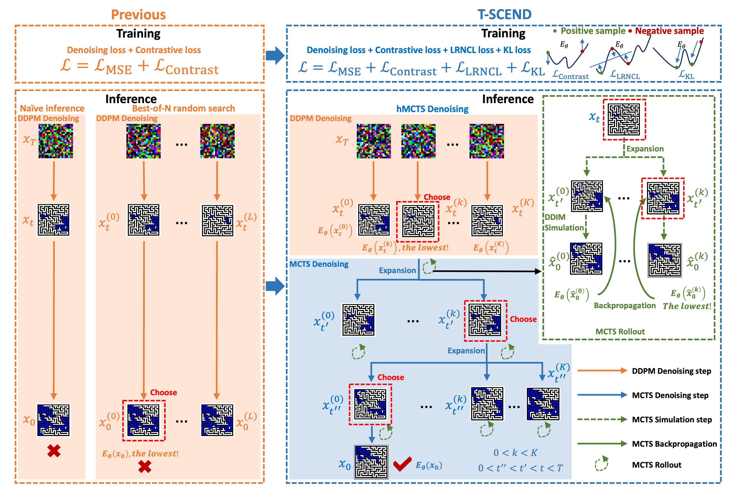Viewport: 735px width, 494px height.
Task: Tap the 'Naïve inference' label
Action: point(52,108)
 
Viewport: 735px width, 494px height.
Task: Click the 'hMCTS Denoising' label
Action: point(432,109)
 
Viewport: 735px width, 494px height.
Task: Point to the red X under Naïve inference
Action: point(54,451)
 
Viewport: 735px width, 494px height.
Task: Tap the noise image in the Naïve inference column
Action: point(56,141)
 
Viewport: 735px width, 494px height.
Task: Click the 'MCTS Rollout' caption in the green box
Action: point(620,332)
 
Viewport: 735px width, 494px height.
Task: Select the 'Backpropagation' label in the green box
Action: point(624,305)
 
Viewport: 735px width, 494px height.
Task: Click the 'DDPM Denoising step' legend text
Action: point(671,371)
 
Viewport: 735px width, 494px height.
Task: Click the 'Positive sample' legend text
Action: point(593,31)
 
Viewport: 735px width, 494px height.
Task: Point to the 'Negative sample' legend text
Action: point(669,31)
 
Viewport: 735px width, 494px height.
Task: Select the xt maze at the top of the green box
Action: point(624,119)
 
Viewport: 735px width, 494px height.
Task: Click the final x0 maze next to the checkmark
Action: point(371,462)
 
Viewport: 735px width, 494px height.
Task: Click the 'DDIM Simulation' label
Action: point(564,222)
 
